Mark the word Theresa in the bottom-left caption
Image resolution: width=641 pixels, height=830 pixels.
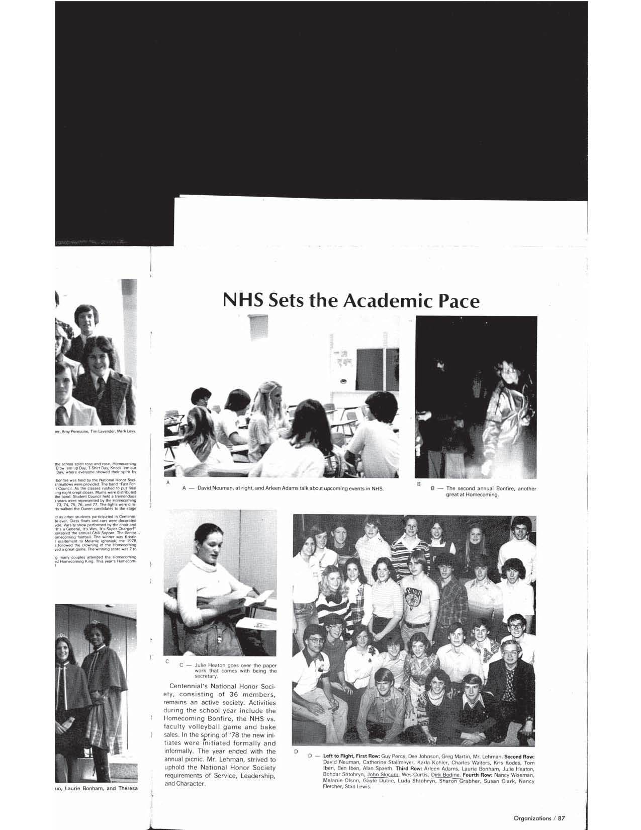[x=125, y=788]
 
